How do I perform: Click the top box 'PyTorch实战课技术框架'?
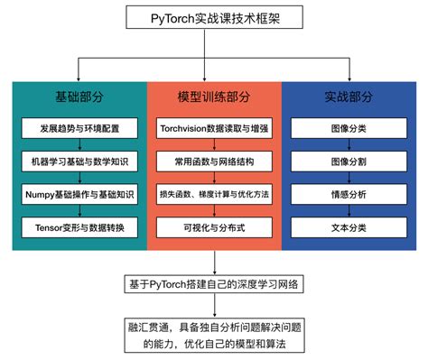click(x=214, y=18)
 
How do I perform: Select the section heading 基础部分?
click(x=79, y=96)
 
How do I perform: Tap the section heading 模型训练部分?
click(x=214, y=96)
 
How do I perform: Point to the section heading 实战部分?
click(x=349, y=96)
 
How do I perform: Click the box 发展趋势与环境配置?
click(x=79, y=129)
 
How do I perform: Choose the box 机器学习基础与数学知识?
click(x=79, y=162)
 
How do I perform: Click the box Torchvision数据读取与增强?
click(x=214, y=129)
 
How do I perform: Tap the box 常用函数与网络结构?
click(x=214, y=162)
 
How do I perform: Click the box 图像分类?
click(x=349, y=129)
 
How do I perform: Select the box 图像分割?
click(x=349, y=162)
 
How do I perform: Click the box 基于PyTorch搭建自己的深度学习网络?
click(x=214, y=285)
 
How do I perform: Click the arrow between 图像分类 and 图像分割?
click(x=349, y=145)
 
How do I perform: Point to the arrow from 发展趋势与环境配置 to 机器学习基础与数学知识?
click(x=79, y=145)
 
